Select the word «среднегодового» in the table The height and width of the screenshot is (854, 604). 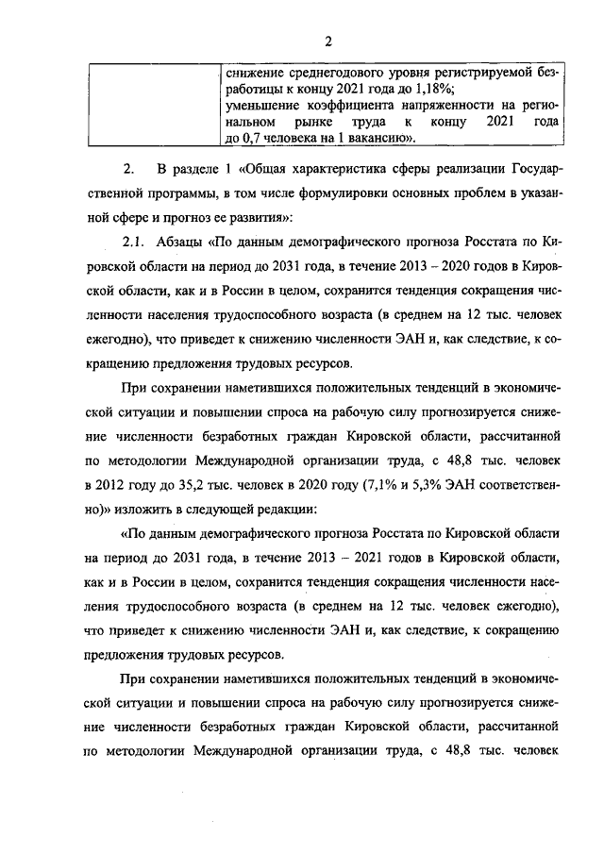click(323, 72)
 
